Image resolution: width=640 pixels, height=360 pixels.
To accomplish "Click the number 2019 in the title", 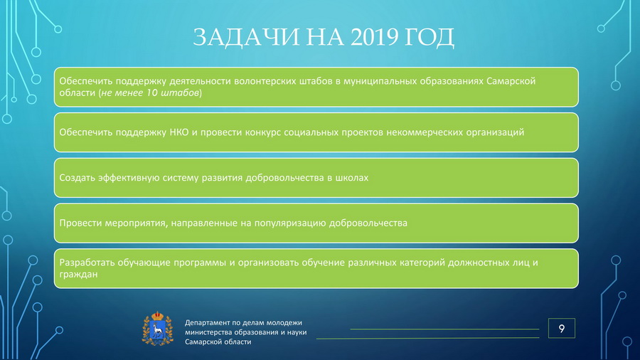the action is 374,37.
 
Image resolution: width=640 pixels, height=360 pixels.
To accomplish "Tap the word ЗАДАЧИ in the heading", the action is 247,37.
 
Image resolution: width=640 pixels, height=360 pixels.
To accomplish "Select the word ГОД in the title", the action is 430,37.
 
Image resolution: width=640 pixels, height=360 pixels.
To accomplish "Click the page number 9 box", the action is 562,328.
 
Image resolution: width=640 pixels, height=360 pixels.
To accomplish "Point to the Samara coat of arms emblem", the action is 158,329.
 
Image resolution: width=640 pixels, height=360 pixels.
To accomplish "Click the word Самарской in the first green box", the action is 511,81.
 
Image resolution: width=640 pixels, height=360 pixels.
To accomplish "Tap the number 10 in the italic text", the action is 151,92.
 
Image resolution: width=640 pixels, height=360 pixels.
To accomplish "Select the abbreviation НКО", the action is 178,132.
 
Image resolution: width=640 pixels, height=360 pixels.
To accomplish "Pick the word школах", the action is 352,178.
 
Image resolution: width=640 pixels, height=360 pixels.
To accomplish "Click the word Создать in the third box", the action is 77,178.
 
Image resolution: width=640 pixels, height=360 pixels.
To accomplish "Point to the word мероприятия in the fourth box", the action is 137,223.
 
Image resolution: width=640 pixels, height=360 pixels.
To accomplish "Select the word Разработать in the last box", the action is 87,263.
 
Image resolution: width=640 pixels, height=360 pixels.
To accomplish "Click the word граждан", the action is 78,275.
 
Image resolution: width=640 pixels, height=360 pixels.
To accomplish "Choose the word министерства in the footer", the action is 209,332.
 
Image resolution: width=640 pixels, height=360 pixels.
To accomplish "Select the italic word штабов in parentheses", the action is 180,92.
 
